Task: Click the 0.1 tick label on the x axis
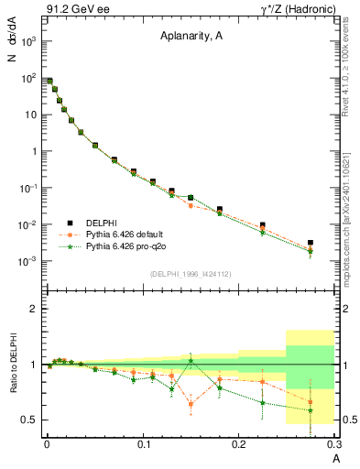142,445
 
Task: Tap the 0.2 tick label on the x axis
238,445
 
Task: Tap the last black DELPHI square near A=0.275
311,243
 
